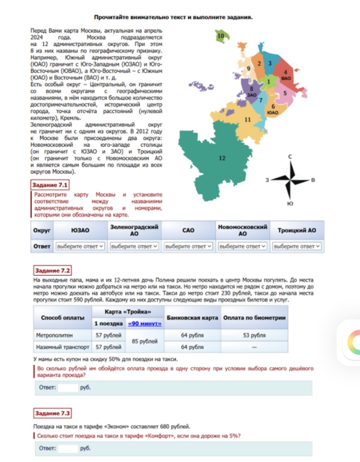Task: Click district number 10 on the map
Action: point(221,36)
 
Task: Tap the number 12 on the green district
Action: point(222,158)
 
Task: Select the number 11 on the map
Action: point(247,120)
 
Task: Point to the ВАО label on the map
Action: point(286,78)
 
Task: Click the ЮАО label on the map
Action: point(273,112)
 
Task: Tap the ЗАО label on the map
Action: point(252,95)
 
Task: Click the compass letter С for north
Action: point(290,156)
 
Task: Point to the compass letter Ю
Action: point(290,204)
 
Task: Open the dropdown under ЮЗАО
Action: point(80,246)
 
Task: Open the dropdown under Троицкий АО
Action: point(297,246)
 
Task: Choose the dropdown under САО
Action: point(188,246)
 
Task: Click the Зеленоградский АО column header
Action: point(134,230)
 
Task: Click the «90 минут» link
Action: point(145,324)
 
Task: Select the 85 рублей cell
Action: point(145,341)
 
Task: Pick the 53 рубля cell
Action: point(254,335)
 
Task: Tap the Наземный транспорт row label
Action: point(63,347)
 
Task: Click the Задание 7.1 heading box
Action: point(50,185)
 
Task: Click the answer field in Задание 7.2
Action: point(68,388)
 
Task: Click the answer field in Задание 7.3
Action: point(68,448)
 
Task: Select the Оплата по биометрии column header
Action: point(254,318)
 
